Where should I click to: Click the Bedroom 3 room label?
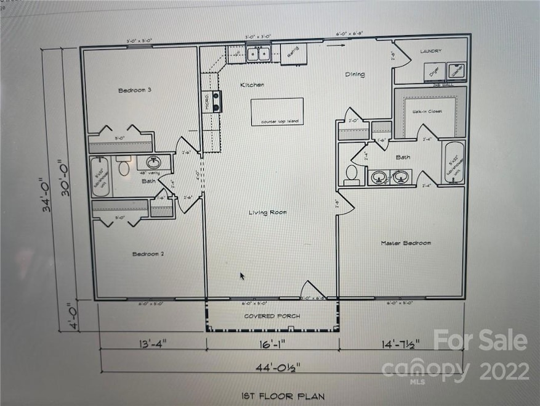tap(134, 90)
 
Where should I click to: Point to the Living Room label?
tap(268, 213)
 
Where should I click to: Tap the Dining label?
tap(354, 75)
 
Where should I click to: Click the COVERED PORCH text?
tap(272, 317)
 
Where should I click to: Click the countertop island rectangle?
tap(276, 112)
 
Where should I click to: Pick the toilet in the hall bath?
tap(124, 167)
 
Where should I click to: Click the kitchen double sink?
tap(257, 54)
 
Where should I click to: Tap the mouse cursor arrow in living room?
tap(242, 276)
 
